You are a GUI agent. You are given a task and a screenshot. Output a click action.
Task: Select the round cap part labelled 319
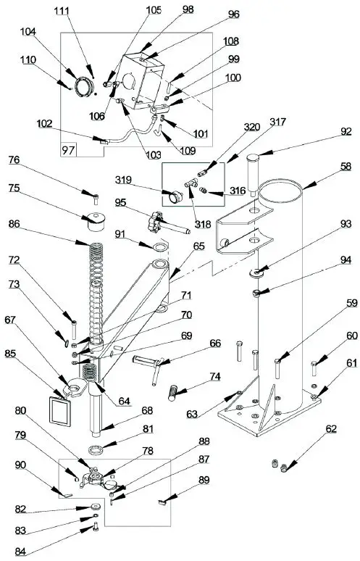(174, 196)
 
